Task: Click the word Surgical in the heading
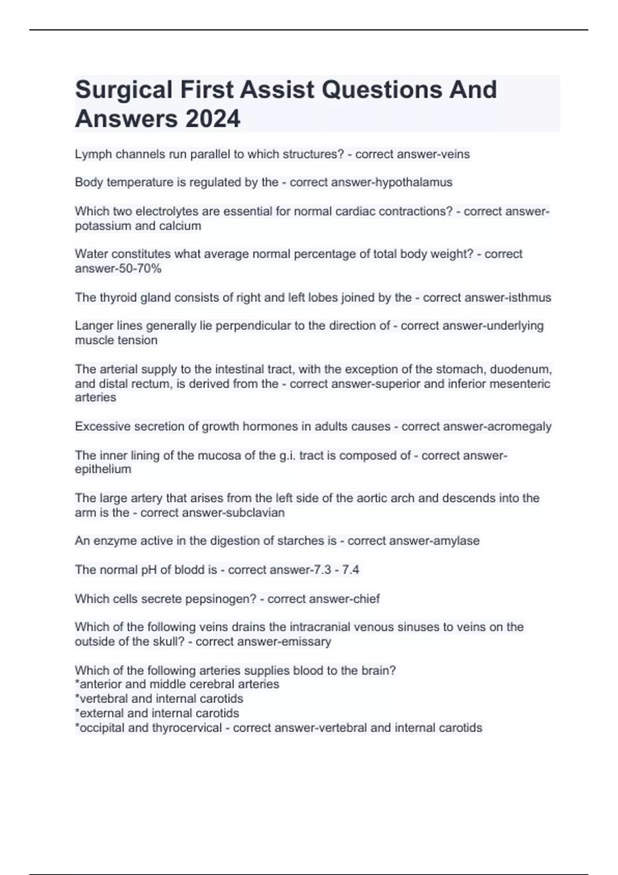124,90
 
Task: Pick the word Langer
92,326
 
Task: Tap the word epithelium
103,469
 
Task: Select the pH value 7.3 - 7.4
336,570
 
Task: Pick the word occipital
100,728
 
